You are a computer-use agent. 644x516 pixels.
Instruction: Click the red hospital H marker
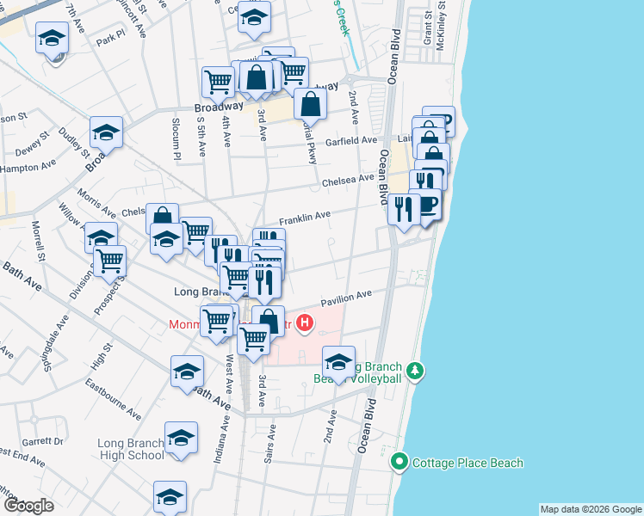[304, 324]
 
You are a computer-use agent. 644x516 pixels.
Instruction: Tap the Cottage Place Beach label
[468, 463]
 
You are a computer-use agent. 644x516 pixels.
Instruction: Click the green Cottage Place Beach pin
[399, 463]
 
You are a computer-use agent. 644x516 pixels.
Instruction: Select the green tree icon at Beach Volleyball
[416, 371]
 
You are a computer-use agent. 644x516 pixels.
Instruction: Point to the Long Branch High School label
[130, 449]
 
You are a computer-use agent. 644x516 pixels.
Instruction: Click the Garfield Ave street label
[350, 140]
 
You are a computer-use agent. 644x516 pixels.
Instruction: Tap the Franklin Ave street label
[304, 215]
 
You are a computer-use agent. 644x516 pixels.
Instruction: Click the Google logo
[28, 506]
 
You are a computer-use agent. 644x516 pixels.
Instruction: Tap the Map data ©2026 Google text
[590, 509]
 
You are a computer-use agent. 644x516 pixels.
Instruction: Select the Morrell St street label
[38, 241]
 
